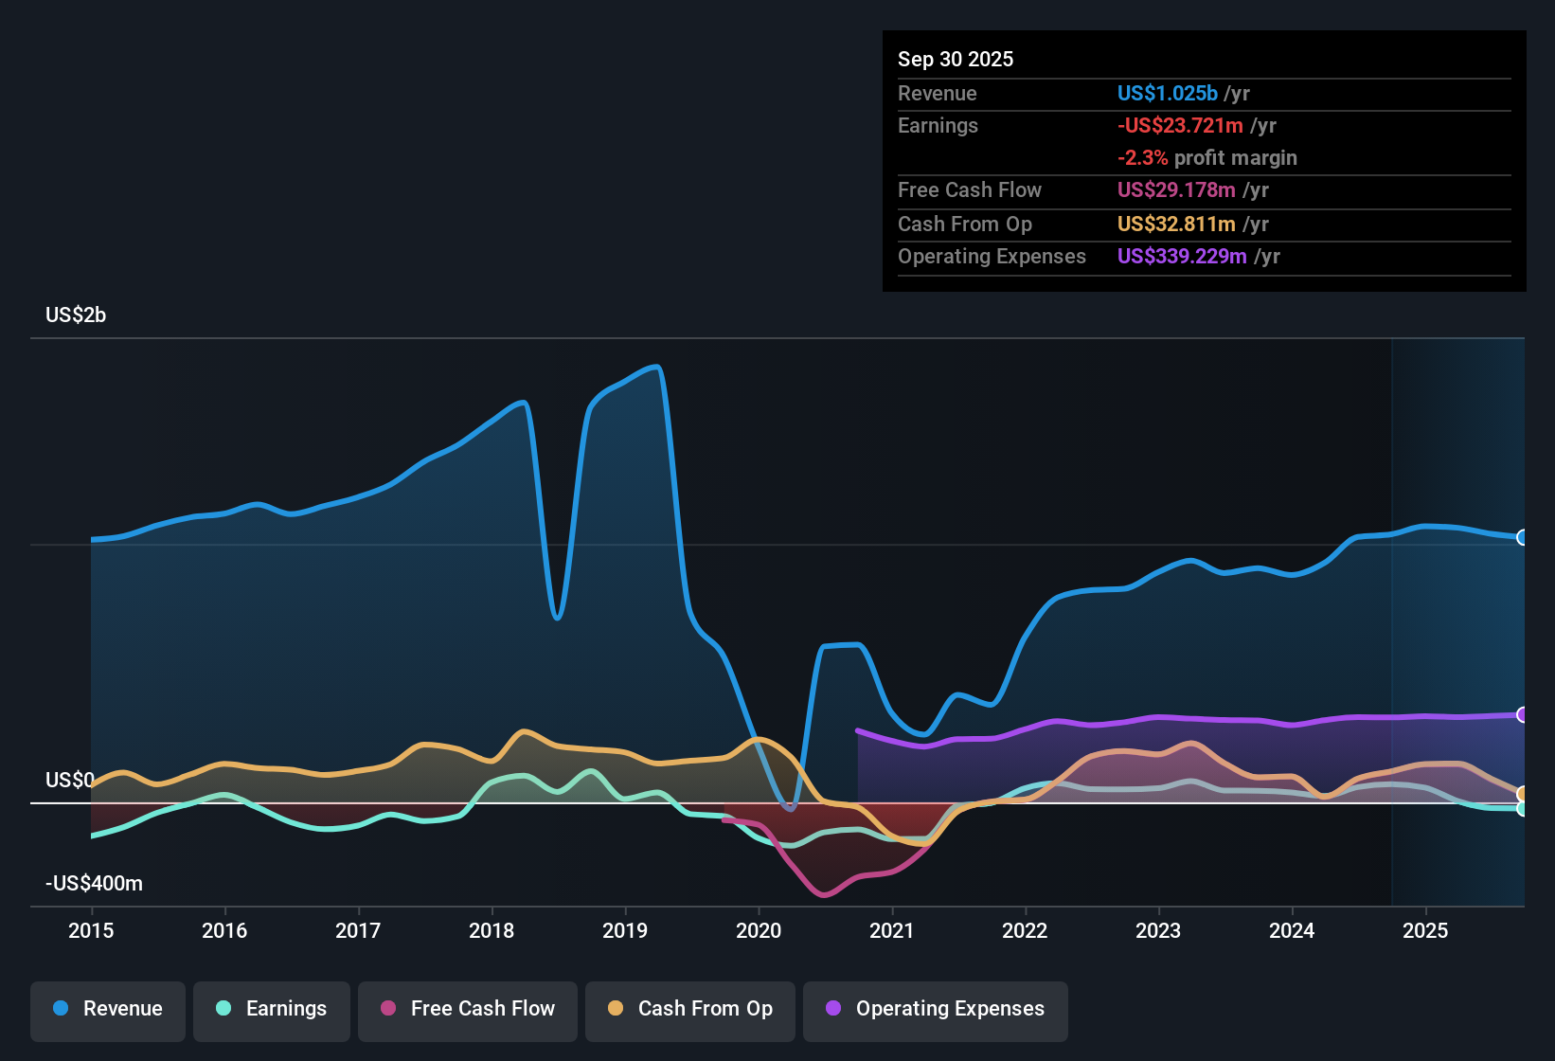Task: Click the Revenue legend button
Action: tap(108, 1009)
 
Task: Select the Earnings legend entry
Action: tap(272, 1009)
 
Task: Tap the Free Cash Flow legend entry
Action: tap(468, 1009)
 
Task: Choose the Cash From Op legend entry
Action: tap(690, 1009)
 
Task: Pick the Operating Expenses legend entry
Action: tap(936, 1009)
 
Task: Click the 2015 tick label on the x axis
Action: tap(91, 930)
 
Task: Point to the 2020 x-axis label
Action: tap(759, 930)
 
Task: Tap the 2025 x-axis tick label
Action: tap(1425, 930)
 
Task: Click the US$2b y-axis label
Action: tap(76, 315)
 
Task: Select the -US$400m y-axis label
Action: tap(94, 884)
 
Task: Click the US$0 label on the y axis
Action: tap(69, 780)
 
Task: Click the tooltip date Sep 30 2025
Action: tap(956, 59)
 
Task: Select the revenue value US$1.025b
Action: tap(1167, 93)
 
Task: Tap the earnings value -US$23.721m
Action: tap(1180, 125)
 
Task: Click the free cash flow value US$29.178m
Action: tap(1176, 189)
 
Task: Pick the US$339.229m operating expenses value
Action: tap(1182, 256)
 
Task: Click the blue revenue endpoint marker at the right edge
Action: tap(1522, 537)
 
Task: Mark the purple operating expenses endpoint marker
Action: tap(1522, 714)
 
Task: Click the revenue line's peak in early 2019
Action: tap(655, 367)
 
